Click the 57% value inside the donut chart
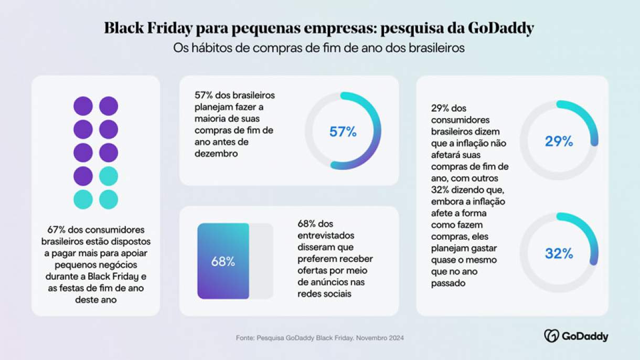(343, 132)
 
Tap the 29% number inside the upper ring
(559, 141)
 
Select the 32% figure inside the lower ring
(559, 254)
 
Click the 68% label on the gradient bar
(223, 262)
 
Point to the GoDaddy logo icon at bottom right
(551, 336)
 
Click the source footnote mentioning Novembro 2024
(320, 338)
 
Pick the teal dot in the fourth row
(109, 176)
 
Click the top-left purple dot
(83, 106)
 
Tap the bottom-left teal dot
(83, 199)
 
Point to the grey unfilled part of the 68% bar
(261, 261)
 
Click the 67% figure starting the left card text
(56, 230)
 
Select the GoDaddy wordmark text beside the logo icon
(585, 336)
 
